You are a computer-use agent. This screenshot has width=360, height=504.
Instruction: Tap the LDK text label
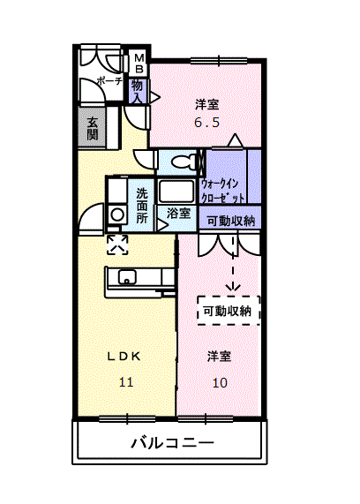pyautogui.click(x=124, y=357)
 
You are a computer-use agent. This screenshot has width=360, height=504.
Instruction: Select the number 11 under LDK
pyautogui.click(x=125, y=382)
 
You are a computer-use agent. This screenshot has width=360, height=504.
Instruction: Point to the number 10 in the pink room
pyautogui.click(x=220, y=382)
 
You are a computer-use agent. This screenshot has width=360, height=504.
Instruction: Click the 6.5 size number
pyautogui.click(x=206, y=123)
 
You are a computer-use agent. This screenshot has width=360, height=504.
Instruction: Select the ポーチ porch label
pyautogui.click(x=109, y=81)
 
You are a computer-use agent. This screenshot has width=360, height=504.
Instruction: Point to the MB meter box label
pyautogui.click(x=139, y=64)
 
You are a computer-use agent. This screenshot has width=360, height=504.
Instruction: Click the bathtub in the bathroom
pyautogui.click(x=176, y=192)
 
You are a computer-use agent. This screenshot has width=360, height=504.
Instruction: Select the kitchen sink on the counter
pyautogui.click(x=128, y=278)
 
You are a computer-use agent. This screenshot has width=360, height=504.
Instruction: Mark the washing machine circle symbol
pyautogui.click(x=116, y=215)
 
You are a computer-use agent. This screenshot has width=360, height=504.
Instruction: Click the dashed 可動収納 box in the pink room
pyautogui.click(x=229, y=310)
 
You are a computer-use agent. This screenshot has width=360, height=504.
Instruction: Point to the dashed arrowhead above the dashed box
pyautogui.click(x=234, y=286)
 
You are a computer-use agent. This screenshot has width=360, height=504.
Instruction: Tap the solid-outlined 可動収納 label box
pyautogui.click(x=230, y=221)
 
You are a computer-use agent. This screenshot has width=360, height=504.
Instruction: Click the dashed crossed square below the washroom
pyautogui.click(x=116, y=244)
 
